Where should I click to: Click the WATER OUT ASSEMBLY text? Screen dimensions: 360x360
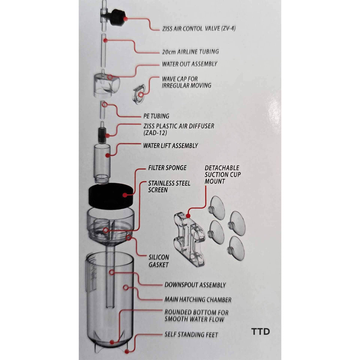pos(190,64)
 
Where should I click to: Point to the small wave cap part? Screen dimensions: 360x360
pos(139,91)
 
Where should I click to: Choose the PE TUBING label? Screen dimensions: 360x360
pos(156,116)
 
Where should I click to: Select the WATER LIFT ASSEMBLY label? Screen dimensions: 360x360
pos(171,146)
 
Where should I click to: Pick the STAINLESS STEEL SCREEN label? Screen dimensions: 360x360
pos(169,186)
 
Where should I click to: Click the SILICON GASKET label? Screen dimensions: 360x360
pos(159,261)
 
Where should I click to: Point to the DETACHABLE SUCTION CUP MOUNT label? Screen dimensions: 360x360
pos(222,174)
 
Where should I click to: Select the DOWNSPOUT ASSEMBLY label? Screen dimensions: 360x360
pos(195,285)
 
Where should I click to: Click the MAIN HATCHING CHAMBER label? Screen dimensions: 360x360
pos(198,299)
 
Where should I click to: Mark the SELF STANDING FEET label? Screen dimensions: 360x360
pos(191,334)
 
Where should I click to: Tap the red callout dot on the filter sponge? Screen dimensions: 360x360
pos(124,195)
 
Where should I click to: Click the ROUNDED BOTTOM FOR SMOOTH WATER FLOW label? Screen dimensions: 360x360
pos(196,315)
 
